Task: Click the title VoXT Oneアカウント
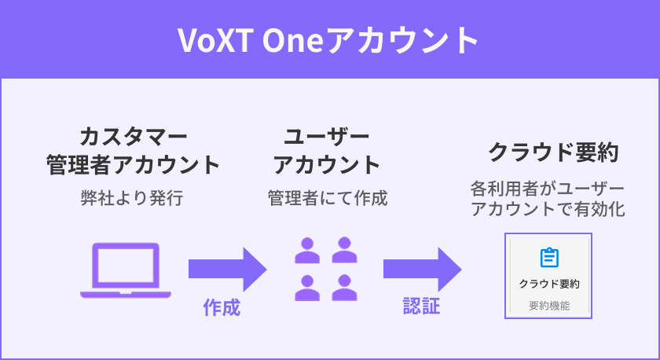coord(329,39)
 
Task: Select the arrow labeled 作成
coord(227,269)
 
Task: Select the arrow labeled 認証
coord(422,269)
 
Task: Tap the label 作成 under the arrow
coord(221,307)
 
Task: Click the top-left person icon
coord(307,250)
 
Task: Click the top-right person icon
coord(344,250)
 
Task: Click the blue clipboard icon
coord(549,257)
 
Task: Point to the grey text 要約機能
coord(549,305)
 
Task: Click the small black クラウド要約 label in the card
coord(549,284)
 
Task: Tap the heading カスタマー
coord(132,136)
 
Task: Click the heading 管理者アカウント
coord(132,165)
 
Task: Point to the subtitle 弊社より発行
coord(132,197)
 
